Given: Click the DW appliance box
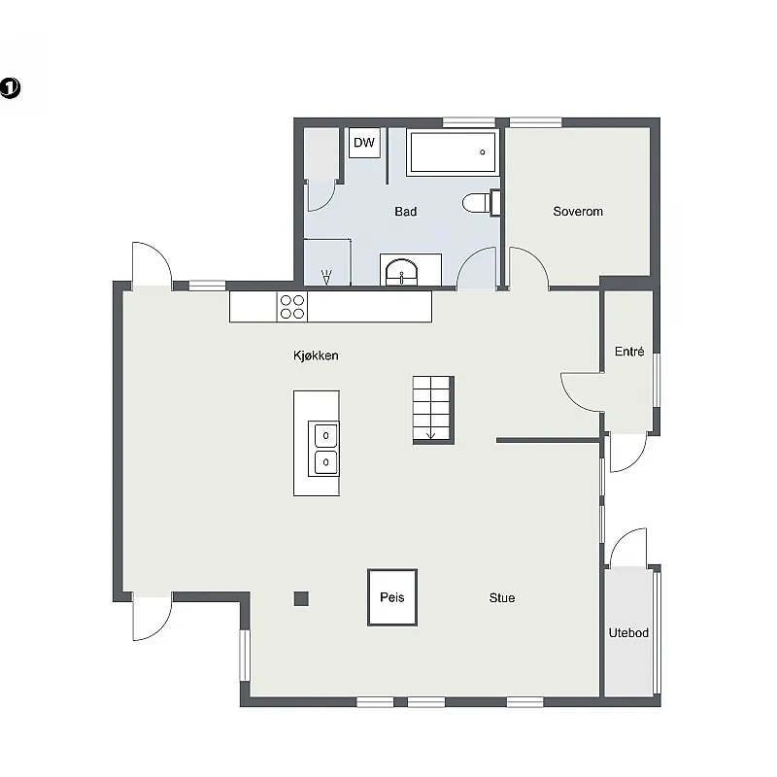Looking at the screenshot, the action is click(364, 143).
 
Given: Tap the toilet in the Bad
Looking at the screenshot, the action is click(481, 203).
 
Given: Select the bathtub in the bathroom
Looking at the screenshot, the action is click(453, 152).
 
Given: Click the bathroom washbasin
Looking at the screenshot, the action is click(402, 272).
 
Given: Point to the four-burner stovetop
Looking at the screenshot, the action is click(292, 307).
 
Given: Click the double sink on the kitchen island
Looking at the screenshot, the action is click(324, 449).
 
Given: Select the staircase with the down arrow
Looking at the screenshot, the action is click(433, 410).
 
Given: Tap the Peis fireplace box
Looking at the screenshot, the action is click(392, 597).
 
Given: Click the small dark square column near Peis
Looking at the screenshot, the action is click(301, 598).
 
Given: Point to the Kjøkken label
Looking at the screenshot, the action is click(316, 355).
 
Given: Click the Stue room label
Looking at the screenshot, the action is click(502, 598).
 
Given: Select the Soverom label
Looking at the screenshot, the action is click(578, 212).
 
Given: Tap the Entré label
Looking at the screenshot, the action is click(629, 352).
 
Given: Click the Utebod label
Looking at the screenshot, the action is click(628, 633).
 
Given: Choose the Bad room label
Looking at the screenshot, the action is click(405, 212).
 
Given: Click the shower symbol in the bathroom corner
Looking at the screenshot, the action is click(326, 277).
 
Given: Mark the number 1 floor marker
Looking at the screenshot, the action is click(10, 88).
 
